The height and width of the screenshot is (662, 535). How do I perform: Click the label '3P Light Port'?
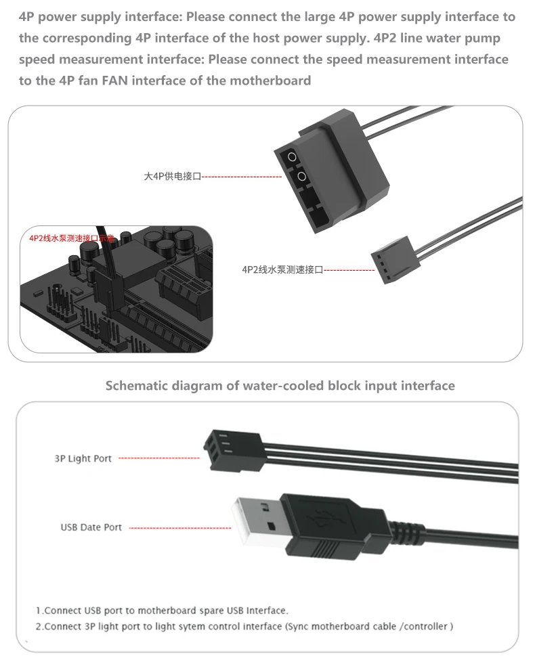[83, 458]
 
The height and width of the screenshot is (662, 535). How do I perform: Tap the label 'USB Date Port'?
[91, 527]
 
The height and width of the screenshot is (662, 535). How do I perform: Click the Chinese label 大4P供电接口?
[173, 177]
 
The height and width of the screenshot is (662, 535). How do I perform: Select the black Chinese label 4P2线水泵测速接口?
[282, 270]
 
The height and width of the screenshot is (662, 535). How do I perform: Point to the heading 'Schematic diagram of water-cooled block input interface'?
[280, 386]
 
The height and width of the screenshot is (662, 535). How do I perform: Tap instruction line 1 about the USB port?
[162, 610]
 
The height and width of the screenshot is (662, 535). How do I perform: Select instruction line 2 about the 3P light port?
[244, 626]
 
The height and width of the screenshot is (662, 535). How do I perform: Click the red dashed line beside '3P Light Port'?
[159, 458]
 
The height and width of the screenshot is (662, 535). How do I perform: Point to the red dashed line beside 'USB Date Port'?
[179, 527]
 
